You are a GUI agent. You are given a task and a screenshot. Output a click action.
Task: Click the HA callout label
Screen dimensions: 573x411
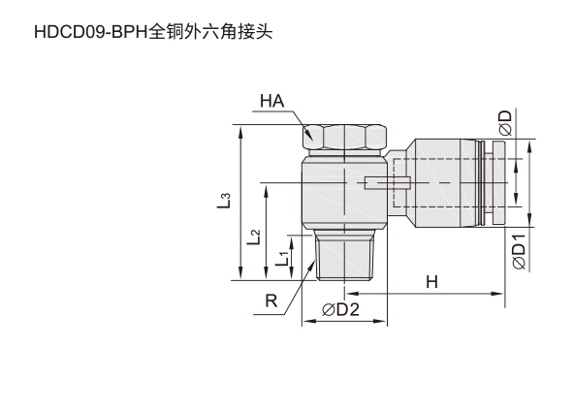(x=271, y=101)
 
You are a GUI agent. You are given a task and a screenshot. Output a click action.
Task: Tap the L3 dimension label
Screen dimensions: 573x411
(x=224, y=201)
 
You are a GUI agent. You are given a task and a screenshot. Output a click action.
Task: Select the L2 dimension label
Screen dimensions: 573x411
(x=253, y=237)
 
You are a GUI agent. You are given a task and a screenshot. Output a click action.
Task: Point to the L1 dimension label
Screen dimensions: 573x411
(x=282, y=258)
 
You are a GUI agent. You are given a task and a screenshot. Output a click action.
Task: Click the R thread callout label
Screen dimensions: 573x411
(x=271, y=301)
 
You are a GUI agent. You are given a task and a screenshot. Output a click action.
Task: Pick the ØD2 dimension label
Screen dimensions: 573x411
(x=340, y=309)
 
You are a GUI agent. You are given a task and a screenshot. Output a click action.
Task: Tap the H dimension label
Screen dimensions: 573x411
(x=431, y=282)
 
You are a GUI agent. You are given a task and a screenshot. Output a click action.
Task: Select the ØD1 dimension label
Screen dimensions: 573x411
(x=519, y=252)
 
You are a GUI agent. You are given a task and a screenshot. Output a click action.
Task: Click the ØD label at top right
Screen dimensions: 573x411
(x=506, y=123)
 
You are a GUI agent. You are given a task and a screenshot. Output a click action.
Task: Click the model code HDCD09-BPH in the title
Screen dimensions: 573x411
(x=90, y=32)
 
